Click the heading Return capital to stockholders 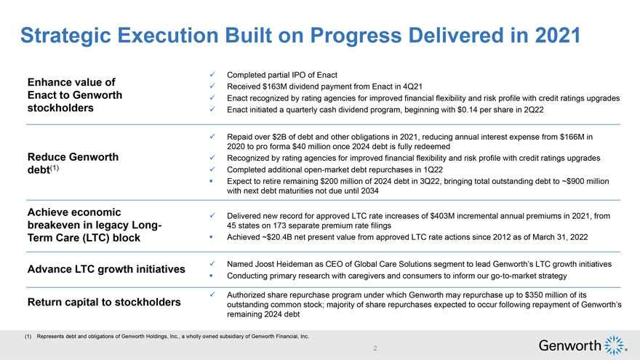click(x=103, y=302)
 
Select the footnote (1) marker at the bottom click(x=29, y=337)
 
